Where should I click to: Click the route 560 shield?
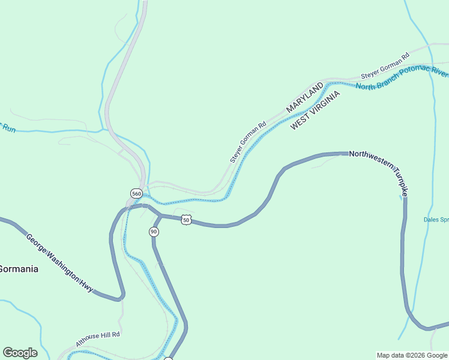[136, 194]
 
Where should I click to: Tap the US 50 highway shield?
[186, 220]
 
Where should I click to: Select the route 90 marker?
[154, 232]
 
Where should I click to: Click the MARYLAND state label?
[305, 98]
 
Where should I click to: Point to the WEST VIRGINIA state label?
[315, 110]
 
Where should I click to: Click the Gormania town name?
[19, 269]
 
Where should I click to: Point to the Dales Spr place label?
[436, 220]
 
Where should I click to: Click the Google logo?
[20, 353]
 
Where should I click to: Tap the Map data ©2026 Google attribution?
[412, 355]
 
